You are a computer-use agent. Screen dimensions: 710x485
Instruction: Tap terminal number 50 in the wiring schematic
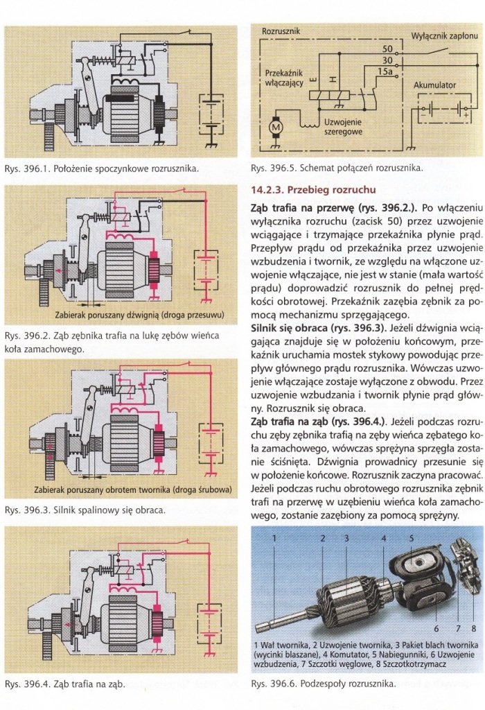(x=387, y=49)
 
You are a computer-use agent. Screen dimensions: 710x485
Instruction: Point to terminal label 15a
(x=385, y=71)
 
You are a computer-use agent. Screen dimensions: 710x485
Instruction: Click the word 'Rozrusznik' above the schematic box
(x=281, y=32)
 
